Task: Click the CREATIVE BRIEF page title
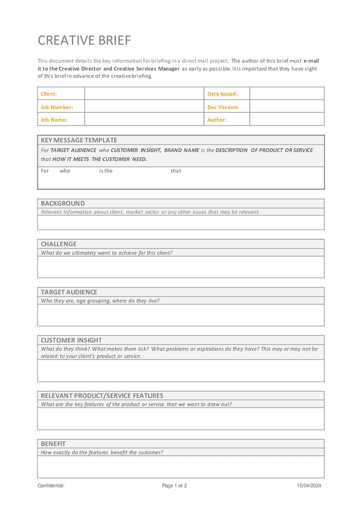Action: (x=84, y=41)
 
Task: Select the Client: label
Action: (x=49, y=94)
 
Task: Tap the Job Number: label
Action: (x=57, y=107)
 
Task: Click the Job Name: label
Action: (x=54, y=120)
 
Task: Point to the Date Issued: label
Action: (x=222, y=94)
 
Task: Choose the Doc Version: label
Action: (x=223, y=107)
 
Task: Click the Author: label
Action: (x=217, y=120)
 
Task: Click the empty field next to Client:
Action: (x=144, y=94)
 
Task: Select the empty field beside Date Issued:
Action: (x=286, y=94)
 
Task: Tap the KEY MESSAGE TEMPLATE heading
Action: (x=79, y=140)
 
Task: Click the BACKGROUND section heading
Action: (x=63, y=204)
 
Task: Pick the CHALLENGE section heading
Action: (x=58, y=244)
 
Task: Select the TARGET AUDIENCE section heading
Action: (x=68, y=292)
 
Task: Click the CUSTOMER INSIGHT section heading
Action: (x=71, y=340)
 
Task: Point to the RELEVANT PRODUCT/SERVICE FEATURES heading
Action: (x=102, y=396)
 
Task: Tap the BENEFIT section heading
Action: (x=53, y=444)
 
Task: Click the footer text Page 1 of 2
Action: (x=174, y=486)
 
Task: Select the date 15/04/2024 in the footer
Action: (x=309, y=486)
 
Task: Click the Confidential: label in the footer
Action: (x=51, y=486)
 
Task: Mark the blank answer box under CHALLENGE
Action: (x=181, y=267)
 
